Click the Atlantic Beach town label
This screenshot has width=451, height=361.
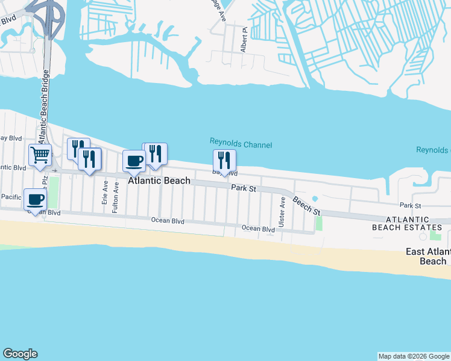tap(159, 180)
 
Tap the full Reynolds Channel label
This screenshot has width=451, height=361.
tap(241, 144)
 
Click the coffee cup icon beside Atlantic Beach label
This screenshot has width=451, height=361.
tap(134, 161)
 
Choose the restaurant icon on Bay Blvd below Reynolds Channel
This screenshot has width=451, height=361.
tap(224, 160)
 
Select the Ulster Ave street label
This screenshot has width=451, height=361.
tap(282, 211)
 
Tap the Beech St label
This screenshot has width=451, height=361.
tap(307, 206)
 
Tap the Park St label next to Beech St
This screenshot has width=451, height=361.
tap(244, 189)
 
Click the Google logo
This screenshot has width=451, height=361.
tap(20, 354)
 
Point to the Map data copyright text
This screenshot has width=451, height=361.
tap(413, 356)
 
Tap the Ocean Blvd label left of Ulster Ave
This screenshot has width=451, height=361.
tap(258, 229)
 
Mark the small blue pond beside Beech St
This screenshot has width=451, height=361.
tap(314, 199)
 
